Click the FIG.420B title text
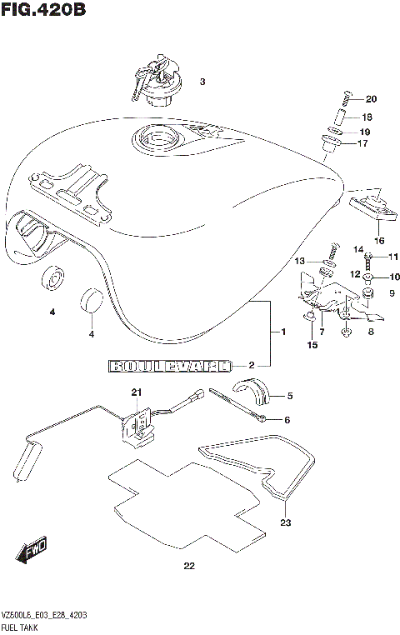click(42, 11)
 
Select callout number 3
click(202, 82)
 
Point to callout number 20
click(371, 99)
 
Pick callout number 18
click(367, 117)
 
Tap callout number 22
click(189, 567)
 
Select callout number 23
click(286, 524)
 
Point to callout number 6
click(286, 419)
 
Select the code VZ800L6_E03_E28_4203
click(45, 613)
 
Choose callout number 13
click(300, 262)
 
